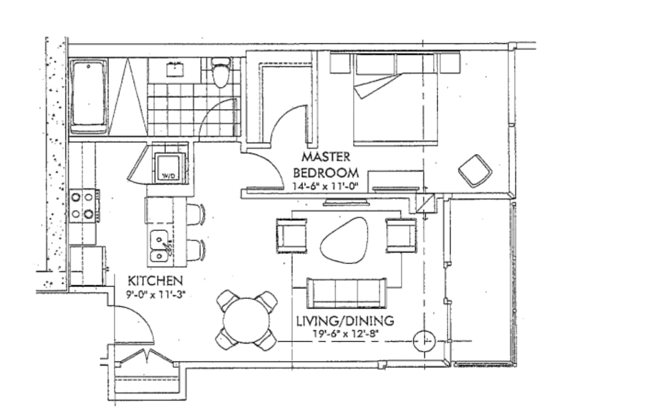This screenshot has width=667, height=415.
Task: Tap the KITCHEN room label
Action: [x=155, y=281]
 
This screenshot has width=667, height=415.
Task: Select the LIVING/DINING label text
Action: [x=345, y=320]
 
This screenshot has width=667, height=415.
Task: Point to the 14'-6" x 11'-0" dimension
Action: [x=325, y=186]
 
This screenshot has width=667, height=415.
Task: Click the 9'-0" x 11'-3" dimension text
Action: [x=155, y=294]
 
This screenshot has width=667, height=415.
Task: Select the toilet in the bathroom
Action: [x=221, y=73]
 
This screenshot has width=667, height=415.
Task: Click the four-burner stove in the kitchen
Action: [x=83, y=205]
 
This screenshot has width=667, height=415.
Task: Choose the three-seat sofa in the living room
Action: [x=346, y=293]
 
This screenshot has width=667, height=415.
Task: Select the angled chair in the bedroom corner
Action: [x=475, y=170]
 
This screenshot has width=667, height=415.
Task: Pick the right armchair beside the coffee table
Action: [x=401, y=235]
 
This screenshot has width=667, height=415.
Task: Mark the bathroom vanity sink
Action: [x=175, y=68]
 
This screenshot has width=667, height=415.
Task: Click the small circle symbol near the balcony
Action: [x=424, y=341]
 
